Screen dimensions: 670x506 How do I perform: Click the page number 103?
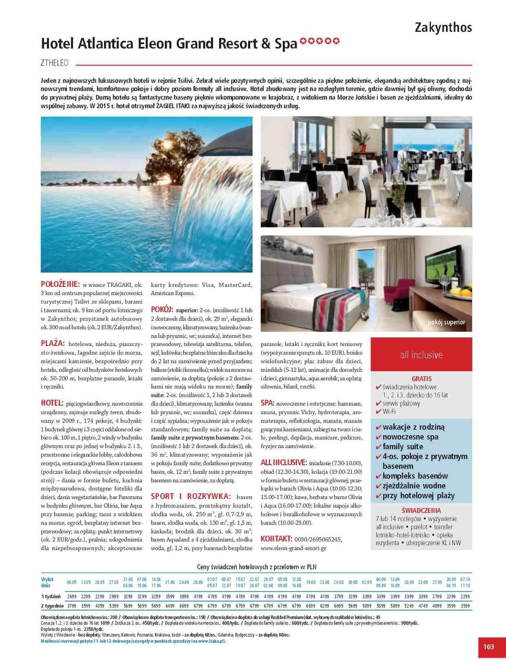coord(488,647)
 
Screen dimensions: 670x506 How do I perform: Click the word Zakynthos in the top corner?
coord(443,28)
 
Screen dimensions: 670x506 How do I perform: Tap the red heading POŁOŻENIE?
coord(60,284)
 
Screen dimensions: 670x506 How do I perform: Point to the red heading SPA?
coord(267,403)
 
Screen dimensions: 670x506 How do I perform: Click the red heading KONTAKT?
coord(276,539)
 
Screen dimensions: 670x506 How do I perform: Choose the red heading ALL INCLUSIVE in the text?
coord(283,462)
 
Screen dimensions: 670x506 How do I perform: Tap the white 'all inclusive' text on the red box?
coord(421,355)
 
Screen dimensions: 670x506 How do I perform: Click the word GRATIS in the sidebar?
coord(421,379)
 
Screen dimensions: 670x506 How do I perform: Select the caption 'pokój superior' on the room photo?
coord(446,322)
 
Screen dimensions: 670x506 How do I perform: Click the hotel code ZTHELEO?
coord(54,63)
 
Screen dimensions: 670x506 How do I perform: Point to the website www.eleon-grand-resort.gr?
coord(293,548)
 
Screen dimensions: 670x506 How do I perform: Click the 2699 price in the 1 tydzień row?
coord(72,596)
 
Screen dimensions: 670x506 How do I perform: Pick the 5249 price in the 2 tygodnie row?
coord(409,606)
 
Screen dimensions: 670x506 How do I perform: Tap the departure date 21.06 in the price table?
coord(170,582)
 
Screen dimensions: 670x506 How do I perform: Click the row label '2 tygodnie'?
coord(52,606)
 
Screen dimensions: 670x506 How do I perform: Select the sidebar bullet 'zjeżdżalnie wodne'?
coord(414,486)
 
